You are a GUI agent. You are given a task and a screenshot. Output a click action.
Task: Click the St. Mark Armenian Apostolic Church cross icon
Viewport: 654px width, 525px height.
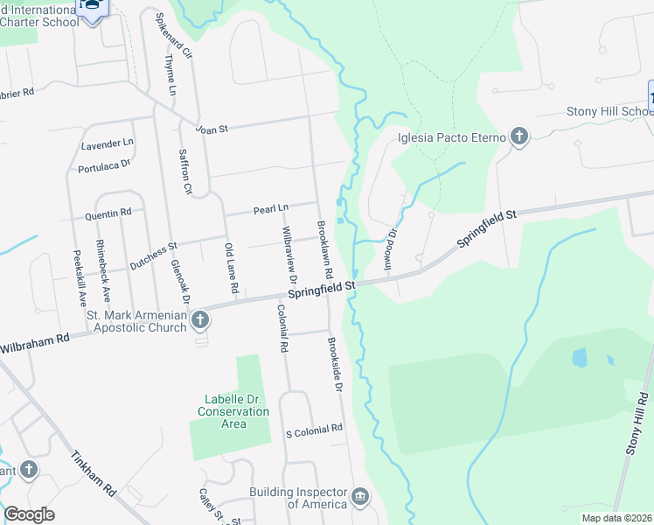point(199,319)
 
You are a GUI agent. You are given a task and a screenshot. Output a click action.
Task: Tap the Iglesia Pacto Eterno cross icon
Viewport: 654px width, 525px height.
point(519,136)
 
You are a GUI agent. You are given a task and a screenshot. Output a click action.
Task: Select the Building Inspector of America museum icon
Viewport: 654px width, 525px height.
point(359,499)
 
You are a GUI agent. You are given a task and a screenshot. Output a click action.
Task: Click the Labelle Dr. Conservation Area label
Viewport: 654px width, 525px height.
point(233,411)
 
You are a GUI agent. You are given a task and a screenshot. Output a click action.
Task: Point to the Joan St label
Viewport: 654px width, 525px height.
point(212,128)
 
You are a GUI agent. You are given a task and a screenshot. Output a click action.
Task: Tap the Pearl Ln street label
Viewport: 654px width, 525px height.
point(271,209)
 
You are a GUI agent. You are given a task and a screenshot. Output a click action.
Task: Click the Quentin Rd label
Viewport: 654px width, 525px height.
point(108,213)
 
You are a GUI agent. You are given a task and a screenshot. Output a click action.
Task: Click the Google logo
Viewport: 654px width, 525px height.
point(29,514)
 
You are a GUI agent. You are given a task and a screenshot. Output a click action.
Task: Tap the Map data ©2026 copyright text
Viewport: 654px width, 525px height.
point(616,518)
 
